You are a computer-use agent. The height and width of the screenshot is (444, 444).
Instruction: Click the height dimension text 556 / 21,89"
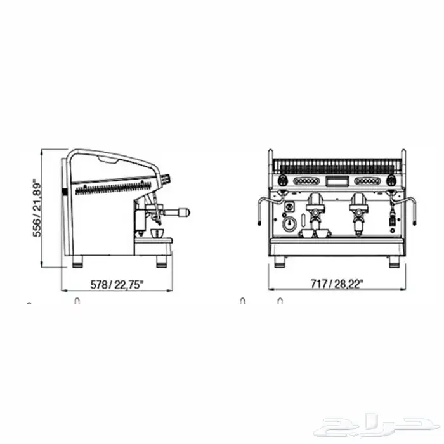(37, 209)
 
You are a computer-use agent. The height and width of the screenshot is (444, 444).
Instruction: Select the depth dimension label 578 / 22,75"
(115, 285)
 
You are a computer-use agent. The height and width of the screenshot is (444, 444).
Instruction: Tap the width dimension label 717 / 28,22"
(337, 284)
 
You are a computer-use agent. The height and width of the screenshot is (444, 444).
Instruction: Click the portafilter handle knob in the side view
(185, 212)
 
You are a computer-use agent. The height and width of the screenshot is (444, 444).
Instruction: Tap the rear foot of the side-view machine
(77, 261)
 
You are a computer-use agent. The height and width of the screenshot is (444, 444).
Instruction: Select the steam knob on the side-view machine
(166, 179)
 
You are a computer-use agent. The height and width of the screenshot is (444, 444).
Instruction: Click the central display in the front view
(337, 181)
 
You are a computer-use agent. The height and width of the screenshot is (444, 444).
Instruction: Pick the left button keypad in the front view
(306, 181)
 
